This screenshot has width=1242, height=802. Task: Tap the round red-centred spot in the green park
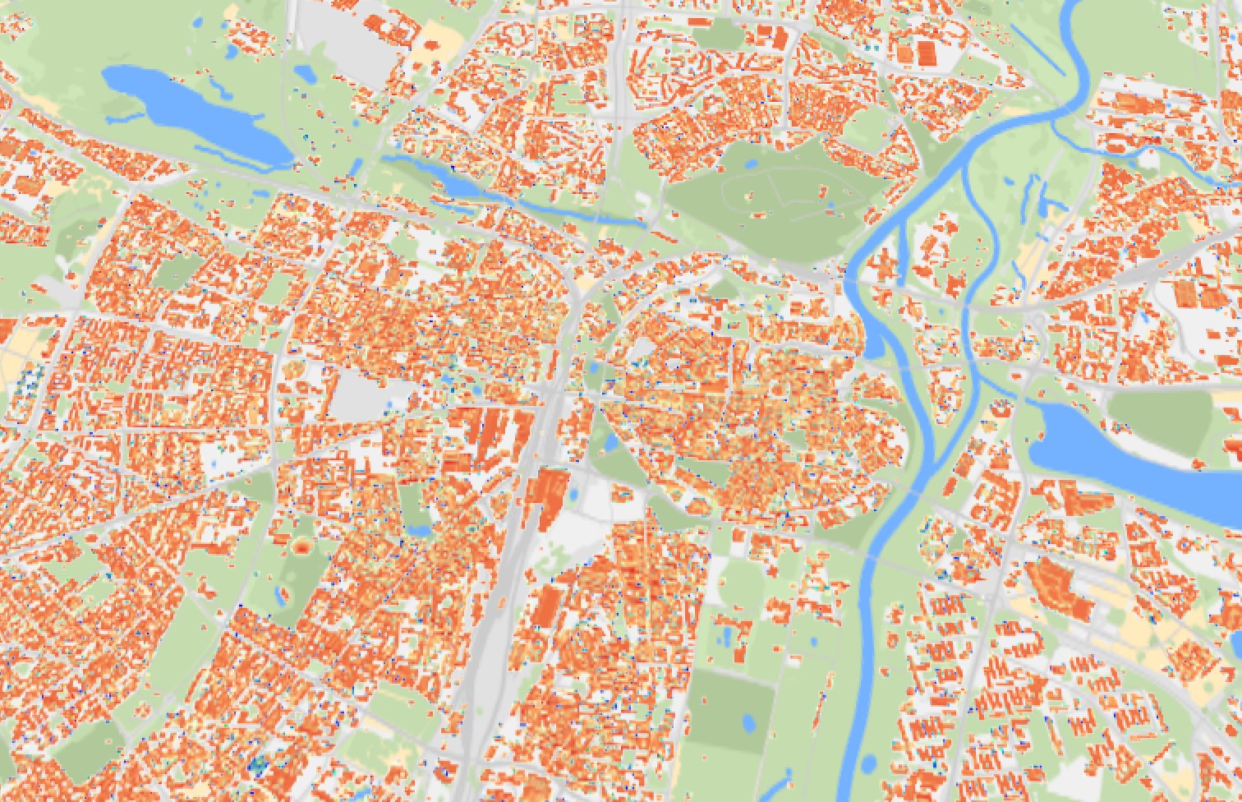[302, 545]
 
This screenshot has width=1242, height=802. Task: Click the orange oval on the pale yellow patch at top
[434, 43]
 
